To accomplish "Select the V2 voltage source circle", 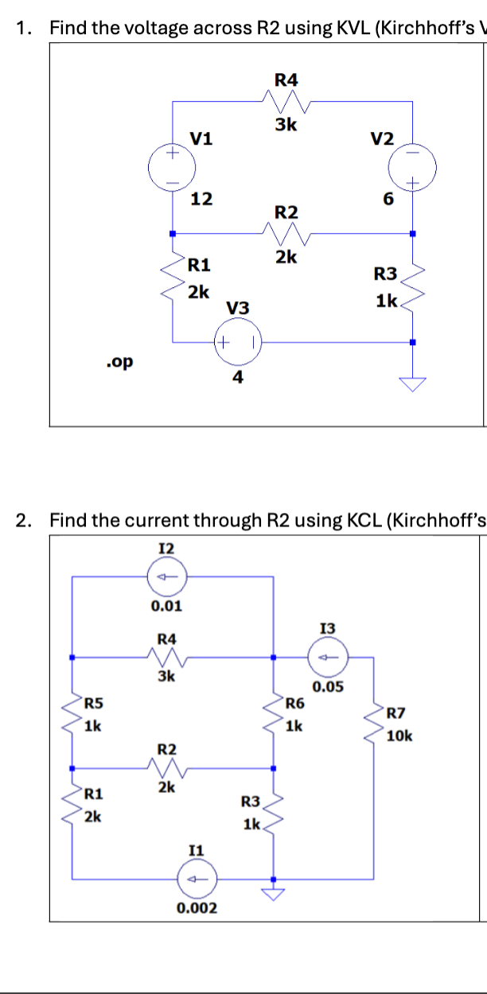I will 412,168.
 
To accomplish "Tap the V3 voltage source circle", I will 237,343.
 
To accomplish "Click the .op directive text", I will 119,363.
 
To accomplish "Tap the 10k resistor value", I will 400,736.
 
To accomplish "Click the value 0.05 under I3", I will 328,686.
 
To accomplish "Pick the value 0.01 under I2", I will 166,606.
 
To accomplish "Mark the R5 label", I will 94,702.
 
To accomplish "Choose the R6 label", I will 294,702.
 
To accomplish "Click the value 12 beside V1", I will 201,199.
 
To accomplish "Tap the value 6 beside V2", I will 388,200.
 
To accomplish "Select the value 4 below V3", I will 237,378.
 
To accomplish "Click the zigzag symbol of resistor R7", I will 372,726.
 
